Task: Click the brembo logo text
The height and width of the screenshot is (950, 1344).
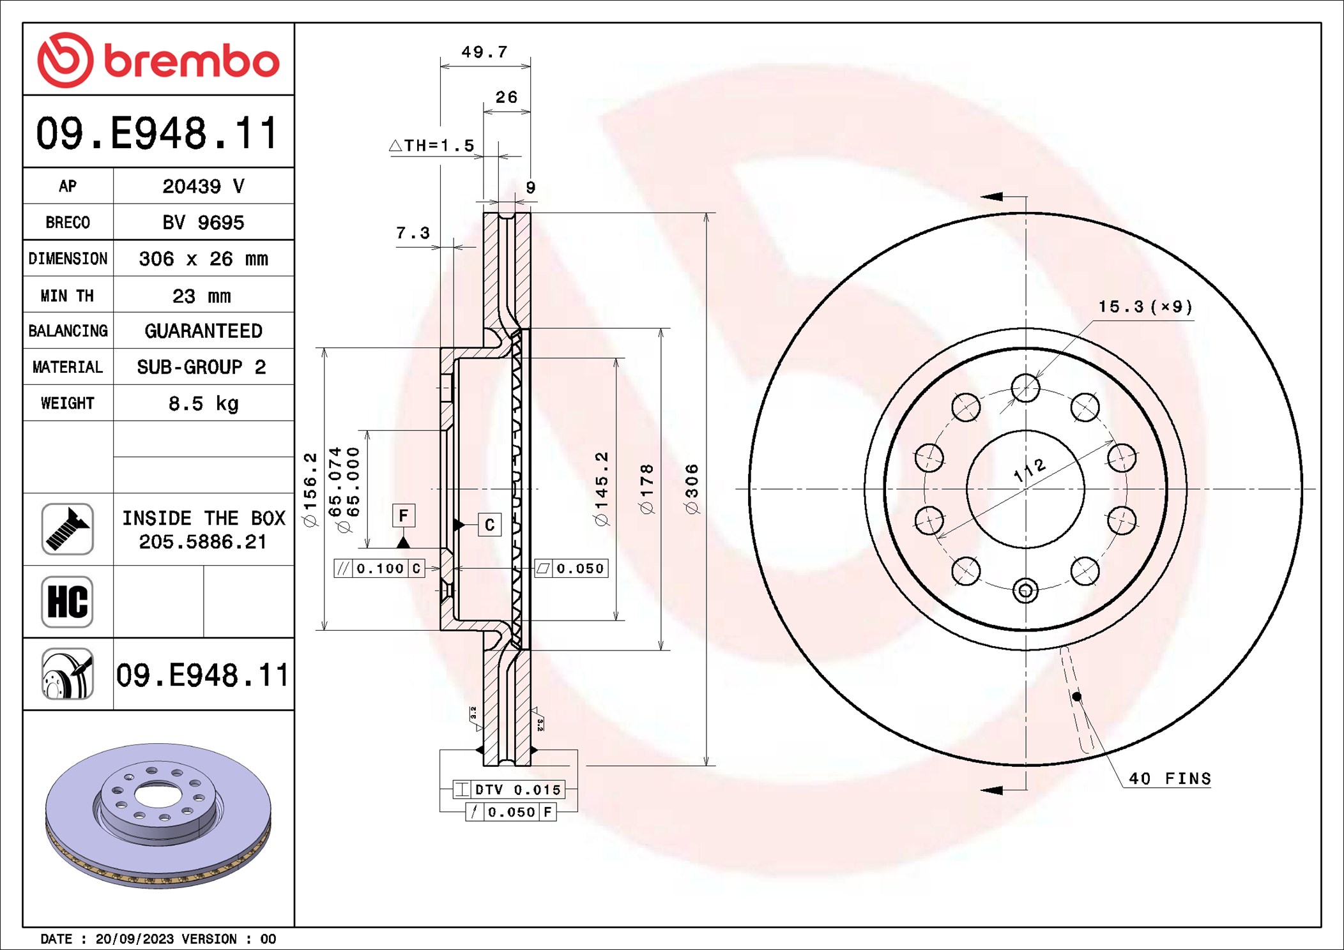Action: coord(191,61)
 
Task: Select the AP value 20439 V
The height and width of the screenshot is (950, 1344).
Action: coord(203,186)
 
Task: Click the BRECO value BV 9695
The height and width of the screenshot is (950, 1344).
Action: coord(203,223)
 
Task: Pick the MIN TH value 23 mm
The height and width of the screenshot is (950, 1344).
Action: coord(201,296)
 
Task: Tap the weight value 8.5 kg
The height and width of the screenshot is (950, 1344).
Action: coord(203,403)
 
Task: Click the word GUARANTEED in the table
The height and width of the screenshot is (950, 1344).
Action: coord(203,331)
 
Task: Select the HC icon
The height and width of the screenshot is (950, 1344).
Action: coord(68,601)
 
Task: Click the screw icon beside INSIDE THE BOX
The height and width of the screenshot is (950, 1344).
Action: coord(68,529)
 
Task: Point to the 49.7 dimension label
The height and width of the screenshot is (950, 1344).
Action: coord(484,52)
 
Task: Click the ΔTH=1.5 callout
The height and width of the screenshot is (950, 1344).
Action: coord(432,146)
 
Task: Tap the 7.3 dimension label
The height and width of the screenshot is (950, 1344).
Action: coord(413,233)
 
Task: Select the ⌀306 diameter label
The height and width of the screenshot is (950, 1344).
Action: coord(692,489)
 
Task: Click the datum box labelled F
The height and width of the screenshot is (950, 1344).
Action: coord(403,515)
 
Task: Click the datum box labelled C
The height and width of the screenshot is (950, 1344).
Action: coord(489,525)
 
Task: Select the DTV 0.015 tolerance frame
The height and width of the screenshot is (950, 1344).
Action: coord(508,790)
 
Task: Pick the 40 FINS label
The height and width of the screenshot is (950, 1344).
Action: coord(1169,779)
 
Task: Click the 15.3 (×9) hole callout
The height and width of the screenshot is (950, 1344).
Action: coord(1145,307)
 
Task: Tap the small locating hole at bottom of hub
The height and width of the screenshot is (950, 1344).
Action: coord(1025,591)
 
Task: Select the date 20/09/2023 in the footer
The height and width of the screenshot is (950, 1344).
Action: coord(134,939)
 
